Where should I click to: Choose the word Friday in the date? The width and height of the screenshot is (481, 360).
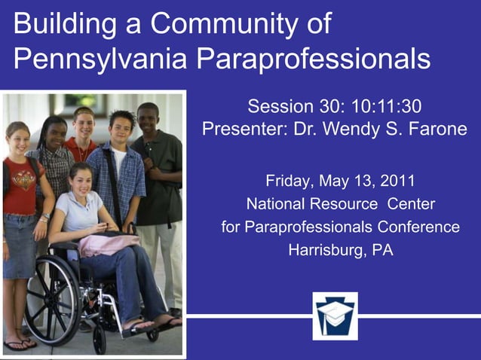[x=289, y=182]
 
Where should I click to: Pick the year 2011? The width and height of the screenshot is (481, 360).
[x=397, y=182]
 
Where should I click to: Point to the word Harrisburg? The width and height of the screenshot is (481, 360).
[x=327, y=249]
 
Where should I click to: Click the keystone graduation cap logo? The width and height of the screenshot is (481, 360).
[x=335, y=316]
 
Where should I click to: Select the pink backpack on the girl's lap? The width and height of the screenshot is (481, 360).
[x=108, y=243]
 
